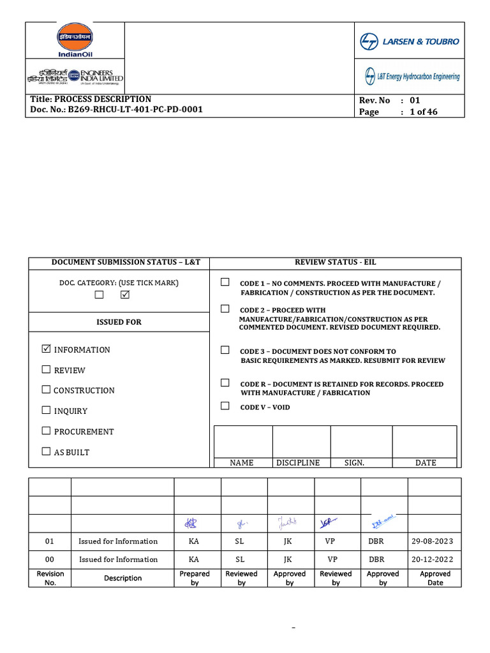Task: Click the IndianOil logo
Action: point(75,40)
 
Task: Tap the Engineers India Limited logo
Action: point(75,77)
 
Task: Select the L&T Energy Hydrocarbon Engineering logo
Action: point(412,77)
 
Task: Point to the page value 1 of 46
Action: point(423,112)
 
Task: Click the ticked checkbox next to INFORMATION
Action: point(46,349)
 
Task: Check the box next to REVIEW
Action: point(46,369)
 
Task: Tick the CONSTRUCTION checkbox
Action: point(46,390)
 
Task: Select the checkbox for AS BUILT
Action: point(46,451)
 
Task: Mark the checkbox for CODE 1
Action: point(225,282)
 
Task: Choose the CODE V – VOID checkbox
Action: point(225,406)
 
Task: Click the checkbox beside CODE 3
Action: point(225,350)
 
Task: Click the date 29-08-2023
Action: point(432,541)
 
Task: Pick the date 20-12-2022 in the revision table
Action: point(432,559)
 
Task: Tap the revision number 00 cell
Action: point(50,559)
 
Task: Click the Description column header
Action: point(122,578)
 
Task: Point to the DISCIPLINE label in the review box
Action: point(298,463)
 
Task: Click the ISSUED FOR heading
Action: point(119,322)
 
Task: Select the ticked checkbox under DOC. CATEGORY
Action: point(124,295)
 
